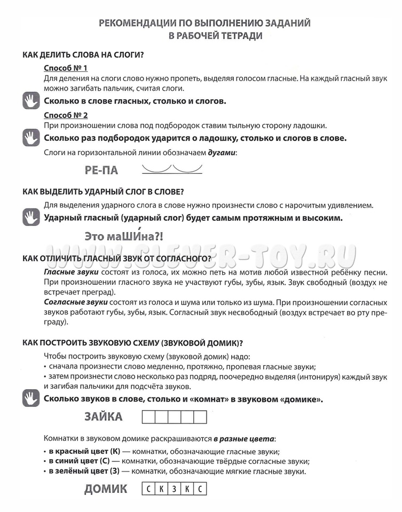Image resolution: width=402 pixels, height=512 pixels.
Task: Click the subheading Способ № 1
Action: pos(65,68)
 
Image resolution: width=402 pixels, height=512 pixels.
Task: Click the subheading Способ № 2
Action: pos(65,115)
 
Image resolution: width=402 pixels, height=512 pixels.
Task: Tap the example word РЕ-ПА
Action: pos(101,171)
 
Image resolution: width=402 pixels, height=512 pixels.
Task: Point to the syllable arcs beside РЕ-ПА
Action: pos(171,169)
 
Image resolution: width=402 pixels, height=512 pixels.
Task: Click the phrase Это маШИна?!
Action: pos(123,236)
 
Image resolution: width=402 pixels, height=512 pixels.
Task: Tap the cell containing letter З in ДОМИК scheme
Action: pos(174,489)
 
